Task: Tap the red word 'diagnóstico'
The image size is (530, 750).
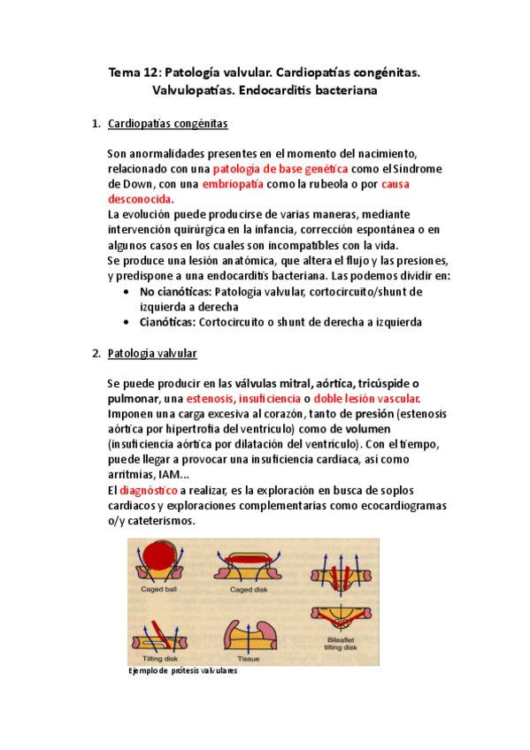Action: pyautogui.click(x=149, y=489)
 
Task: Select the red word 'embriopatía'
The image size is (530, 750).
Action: pyautogui.click(x=234, y=184)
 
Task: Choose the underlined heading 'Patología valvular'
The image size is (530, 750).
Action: pyautogui.click(x=151, y=354)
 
